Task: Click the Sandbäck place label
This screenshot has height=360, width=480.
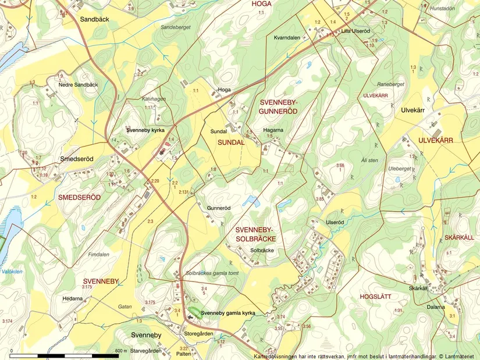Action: point(94,19)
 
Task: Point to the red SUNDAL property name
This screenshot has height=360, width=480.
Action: point(230,142)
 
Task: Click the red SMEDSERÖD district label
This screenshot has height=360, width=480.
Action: point(79,198)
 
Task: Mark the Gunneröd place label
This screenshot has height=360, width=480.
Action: point(219,208)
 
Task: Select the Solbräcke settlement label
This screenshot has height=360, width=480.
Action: point(262,251)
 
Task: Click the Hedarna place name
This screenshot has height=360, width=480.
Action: point(73,298)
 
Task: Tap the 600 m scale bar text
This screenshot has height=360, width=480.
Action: point(120,351)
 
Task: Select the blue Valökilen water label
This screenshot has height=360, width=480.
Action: point(12,272)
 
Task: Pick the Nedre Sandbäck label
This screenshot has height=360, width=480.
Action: point(79,85)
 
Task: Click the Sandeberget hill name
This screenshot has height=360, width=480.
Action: point(175,27)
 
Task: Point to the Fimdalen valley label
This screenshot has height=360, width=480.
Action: point(98,254)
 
